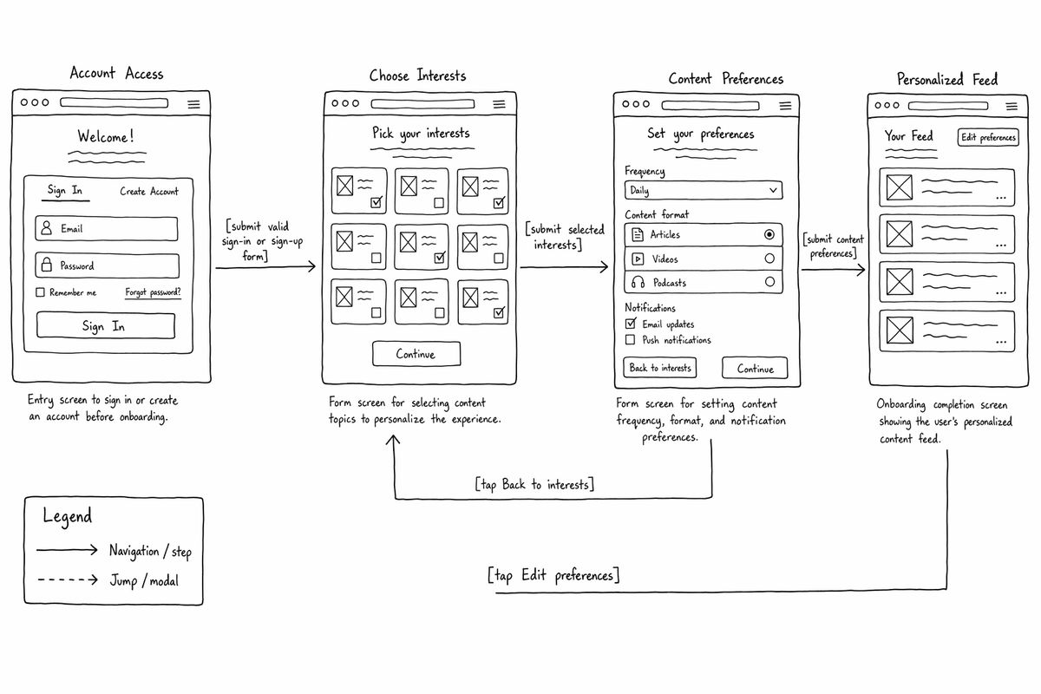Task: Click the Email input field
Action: (x=107, y=229)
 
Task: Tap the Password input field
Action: (x=107, y=265)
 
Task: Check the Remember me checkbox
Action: (x=41, y=292)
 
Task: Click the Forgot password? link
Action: (x=153, y=292)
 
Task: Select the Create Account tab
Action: (x=149, y=191)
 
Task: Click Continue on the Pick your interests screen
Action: (x=416, y=354)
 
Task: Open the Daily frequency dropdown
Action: (x=704, y=190)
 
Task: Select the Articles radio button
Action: (x=769, y=234)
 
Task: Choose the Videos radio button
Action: (x=769, y=258)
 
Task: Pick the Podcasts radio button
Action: (x=769, y=282)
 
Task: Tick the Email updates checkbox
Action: (x=631, y=323)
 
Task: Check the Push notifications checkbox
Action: (x=630, y=340)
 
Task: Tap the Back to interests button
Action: (x=660, y=368)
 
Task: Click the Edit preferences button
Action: (x=988, y=138)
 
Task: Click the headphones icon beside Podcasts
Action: (x=638, y=282)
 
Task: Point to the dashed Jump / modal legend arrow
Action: (x=68, y=579)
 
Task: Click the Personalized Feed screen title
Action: (x=947, y=80)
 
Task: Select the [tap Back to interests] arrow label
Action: (x=534, y=484)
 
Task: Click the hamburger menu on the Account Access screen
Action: (x=193, y=105)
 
